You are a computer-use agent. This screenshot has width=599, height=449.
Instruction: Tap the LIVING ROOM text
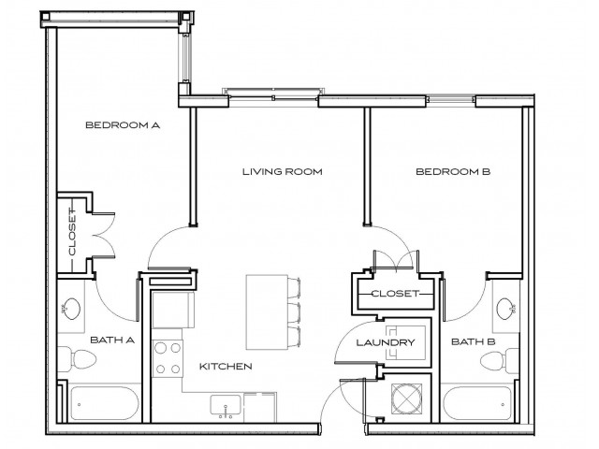click(282, 171)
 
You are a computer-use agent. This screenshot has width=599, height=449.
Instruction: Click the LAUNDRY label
click(386, 343)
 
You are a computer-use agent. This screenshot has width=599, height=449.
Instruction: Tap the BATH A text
click(112, 340)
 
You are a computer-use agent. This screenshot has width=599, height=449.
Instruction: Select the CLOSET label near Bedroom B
click(393, 294)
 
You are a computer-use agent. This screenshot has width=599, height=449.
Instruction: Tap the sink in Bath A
click(71, 308)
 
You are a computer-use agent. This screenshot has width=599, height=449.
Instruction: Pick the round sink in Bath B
click(506, 309)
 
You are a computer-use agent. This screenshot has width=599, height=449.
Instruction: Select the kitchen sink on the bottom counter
click(225, 405)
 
